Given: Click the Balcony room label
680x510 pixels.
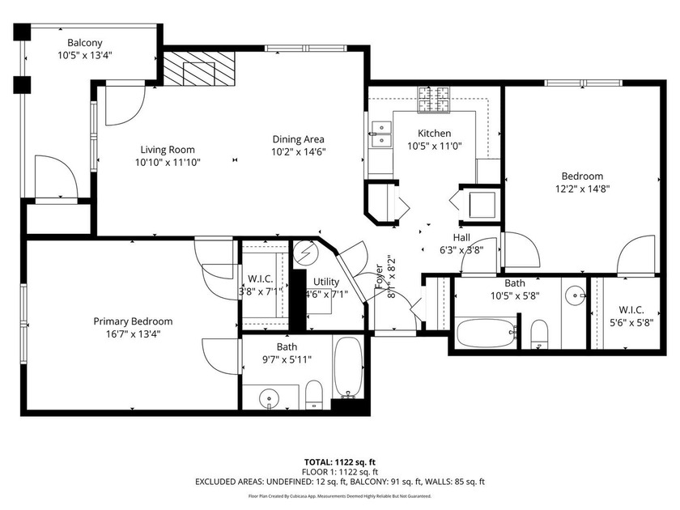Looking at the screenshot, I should (x=85, y=42).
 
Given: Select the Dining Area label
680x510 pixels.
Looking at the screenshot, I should (x=297, y=138).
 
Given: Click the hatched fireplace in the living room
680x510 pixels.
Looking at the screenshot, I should (x=198, y=70).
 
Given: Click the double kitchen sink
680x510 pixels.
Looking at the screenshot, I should (x=380, y=134).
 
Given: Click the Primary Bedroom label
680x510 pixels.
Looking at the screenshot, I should (x=133, y=321).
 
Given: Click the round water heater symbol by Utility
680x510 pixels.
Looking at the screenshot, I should (x=305, y=253).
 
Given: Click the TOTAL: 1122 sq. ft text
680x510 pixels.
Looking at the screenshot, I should (x=339, y=461).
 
